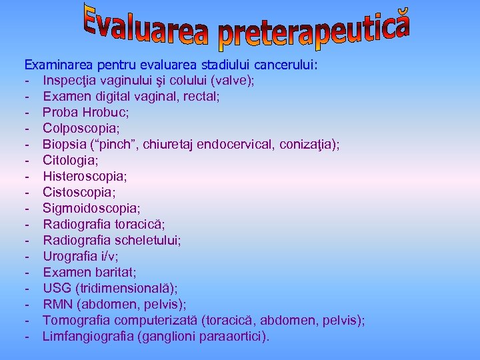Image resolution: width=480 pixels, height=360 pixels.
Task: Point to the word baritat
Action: (x=109, y=272)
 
